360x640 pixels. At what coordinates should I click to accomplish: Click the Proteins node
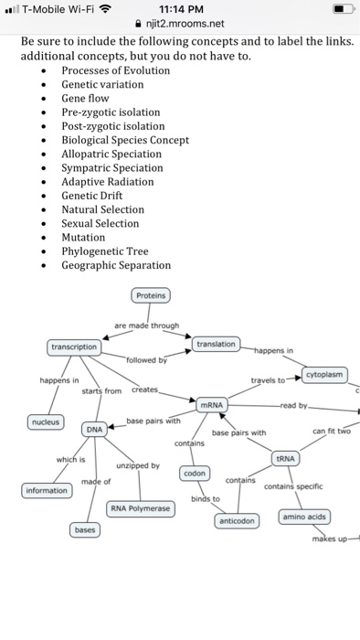pyautogui.click(x=150, y=296)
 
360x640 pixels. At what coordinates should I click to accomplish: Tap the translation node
pyautogui.click(x=217, y=344)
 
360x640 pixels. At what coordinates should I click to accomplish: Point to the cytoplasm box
pyautogui.click(x=324, y=375)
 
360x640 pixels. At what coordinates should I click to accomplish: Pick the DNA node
pyautogui.click(x=95, y=429)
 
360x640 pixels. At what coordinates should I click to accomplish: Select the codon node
pyautogui.click(x=195, y=474)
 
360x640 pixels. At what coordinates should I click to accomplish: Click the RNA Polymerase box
pyautogui.click(x=140, y=508)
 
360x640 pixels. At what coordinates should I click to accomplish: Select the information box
pyautogui.click(x=46, y=491)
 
